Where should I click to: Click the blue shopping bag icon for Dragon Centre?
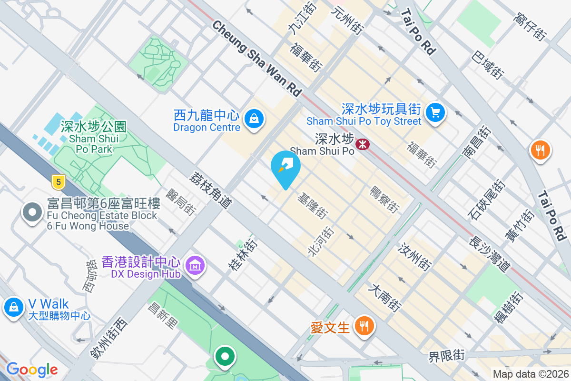pyautogui.click(x=254, y=119)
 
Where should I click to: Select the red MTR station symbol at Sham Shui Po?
pyautogui.click(x=363, y=143)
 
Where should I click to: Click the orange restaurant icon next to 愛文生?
pyautogui.click(x=364, y=326)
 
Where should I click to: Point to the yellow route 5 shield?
pyautogui.click(x=58, y=181)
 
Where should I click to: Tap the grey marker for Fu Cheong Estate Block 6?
pyautogui.click(x=32, y=212)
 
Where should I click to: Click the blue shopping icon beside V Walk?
pyautogui.click(x=14, y=307)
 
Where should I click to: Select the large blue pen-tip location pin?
pyautogui.click(x=285, y=167)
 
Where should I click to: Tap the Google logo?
pyautogui.click(x=32, y=370)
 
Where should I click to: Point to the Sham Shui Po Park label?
pyautogui.click(x=94, y=138)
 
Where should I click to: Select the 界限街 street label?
pyautogui.click(x=446, y=355)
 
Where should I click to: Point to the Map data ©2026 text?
pyautogui.click(x=530, y=374)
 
